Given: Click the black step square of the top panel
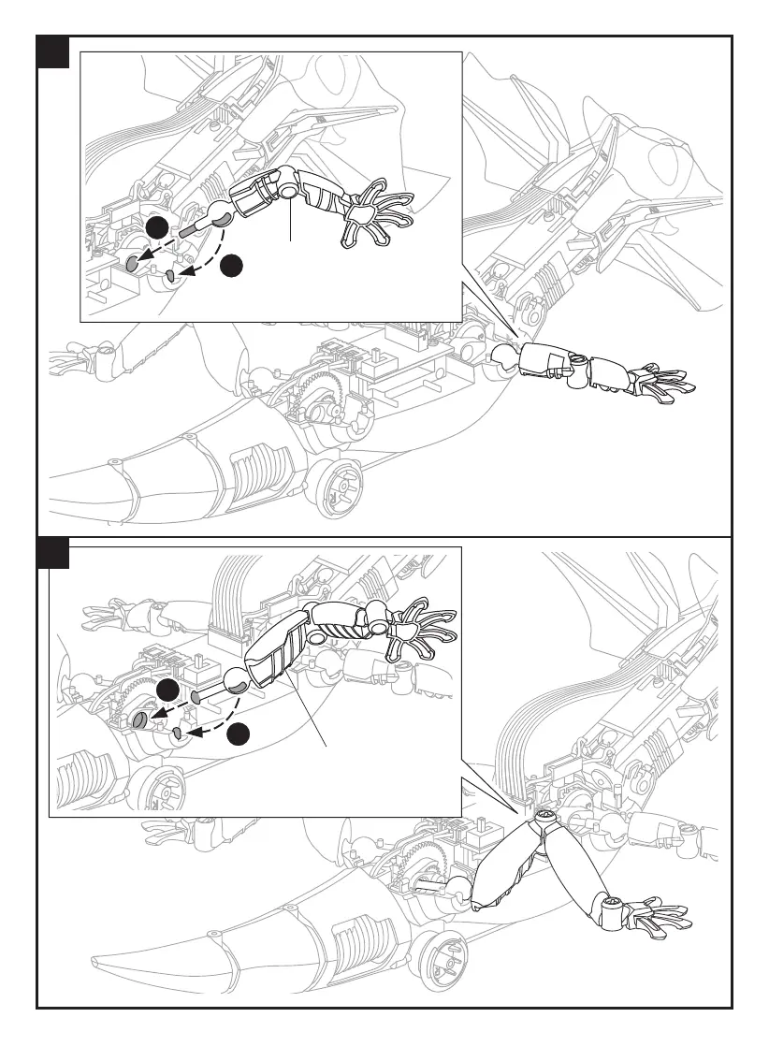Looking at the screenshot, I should [54, 52].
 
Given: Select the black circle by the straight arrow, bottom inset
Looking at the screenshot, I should [168, 691].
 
